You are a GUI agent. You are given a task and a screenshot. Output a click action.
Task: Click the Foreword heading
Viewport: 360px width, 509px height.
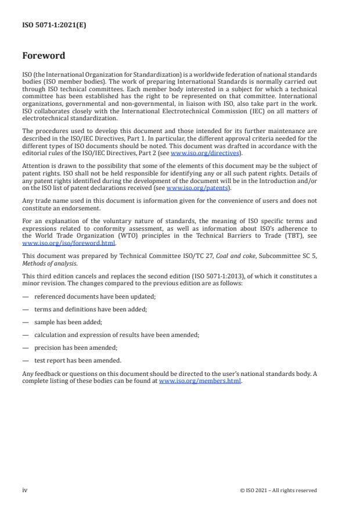click(44, 56)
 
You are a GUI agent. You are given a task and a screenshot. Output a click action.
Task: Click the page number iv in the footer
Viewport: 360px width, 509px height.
click(25, 490)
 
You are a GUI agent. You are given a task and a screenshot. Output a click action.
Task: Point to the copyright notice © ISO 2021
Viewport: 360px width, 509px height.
click(278, 490)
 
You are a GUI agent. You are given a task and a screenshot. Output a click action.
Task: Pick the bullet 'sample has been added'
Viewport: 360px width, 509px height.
click(68, 321)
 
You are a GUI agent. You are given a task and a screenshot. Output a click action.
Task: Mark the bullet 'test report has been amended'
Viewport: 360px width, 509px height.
click(78, 360)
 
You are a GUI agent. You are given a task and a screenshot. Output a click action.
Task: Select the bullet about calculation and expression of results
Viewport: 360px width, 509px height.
click(108, 334)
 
